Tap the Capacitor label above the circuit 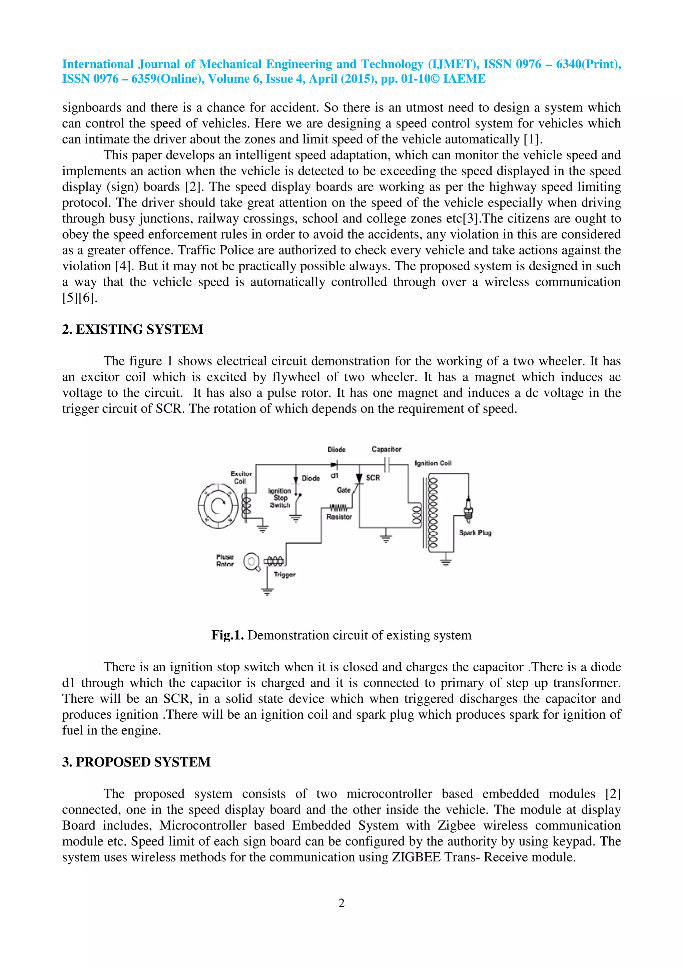tap(386, 449)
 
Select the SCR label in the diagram tap(373, 477)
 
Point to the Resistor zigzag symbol tap(338, 508)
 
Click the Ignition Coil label tap(433, 463)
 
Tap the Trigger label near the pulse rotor tap(284, 575)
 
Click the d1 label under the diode tap(334, 475)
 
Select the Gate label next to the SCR tap(344, 490)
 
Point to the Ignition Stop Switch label tap(280, 498)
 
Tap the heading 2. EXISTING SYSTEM tap(132, 329)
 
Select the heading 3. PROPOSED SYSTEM tap(136, 762)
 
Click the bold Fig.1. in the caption tap(227, 635)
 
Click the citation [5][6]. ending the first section tap(79, 298)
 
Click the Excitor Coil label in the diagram tap(241, 477)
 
